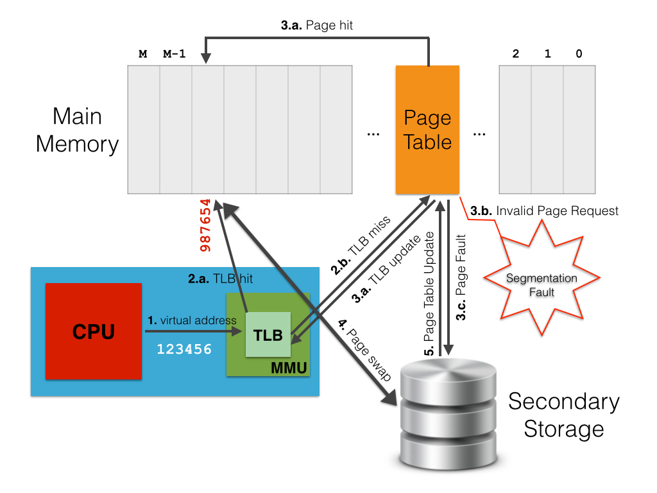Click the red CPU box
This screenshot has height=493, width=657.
pyautogui.click(x=94, y=332)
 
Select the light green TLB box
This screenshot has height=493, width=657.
pyautogui.click(x=268, y=334)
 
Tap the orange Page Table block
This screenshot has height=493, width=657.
pyautogui.click(x=427, y=130)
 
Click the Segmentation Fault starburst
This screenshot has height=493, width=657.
pyautogui.click(x=541, y=284)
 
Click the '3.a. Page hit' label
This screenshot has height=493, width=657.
pyautogui.click(x=317, y=26)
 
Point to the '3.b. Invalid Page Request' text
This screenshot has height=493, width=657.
pyautogui.click(x=544, y=211)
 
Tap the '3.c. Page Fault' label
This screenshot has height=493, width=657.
pyautogui.click(x=461, y=277)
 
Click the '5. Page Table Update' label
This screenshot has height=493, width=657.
pyautogui.click(x=429, y=294)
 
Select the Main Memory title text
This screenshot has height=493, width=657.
pyautogui.click(x=77, y=130)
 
